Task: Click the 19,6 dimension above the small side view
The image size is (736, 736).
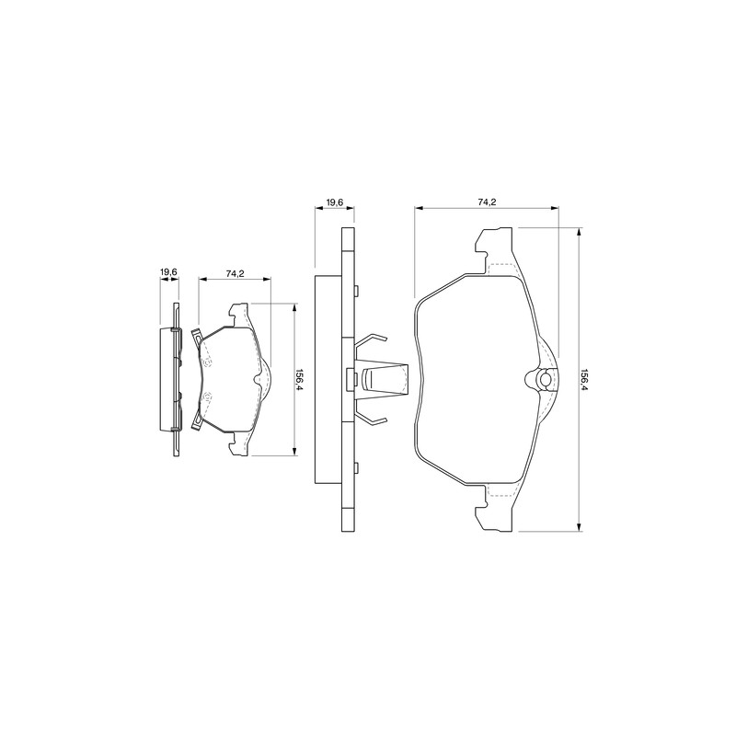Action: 168,271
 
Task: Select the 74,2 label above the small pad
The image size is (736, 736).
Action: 235,274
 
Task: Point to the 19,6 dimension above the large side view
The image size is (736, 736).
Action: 335,202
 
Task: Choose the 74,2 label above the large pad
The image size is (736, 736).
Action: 488,202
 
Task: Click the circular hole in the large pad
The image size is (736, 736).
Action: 546,379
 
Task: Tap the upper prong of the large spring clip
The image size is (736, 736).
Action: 371,342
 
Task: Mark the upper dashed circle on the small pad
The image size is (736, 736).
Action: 208,362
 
